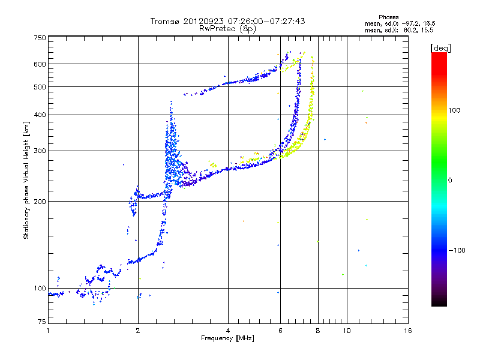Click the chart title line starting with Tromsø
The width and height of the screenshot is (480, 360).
pyautogui.click(x=227, y=21)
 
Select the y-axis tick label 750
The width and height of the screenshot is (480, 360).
pyautogui.click(x=40, y=38)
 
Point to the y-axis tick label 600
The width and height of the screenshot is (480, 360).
pyautogui.click(x=40, y=64)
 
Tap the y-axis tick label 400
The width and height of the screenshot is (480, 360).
pyautogui.click(x=40, y=115)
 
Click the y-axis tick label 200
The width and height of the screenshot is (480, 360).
pyautogui.click(x=40, y=201)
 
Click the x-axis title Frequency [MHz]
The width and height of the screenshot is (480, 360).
pyautogui.click(x=227, y=339)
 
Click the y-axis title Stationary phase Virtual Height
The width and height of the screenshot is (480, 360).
pyautogui.click(x=26, y=180)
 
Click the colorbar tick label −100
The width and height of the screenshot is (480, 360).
pyautogui.click(x=457, y=250)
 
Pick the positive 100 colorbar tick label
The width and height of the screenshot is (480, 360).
pyautogui.click(x=455, y=110)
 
